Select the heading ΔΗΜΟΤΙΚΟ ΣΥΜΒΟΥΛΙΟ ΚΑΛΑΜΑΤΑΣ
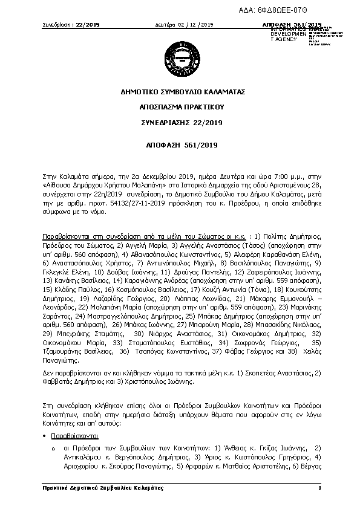point(180,92)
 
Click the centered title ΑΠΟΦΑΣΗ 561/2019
point(180,146)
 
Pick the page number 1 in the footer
point(318,487)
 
